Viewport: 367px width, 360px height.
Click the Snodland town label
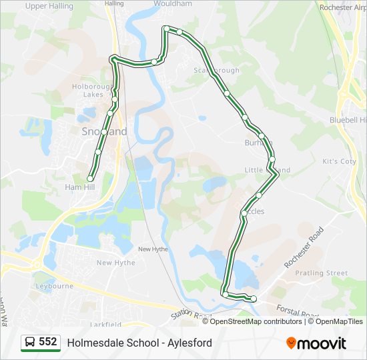point(104,132)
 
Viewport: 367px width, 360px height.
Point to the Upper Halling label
point(49,6)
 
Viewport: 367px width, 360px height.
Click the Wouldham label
point(173,3)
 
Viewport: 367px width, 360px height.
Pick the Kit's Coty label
point(339,162)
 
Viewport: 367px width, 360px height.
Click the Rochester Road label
point(304,247)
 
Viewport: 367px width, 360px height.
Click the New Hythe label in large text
point(115,263)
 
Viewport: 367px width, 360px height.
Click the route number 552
point(48,342)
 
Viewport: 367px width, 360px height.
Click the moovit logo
point(316,343)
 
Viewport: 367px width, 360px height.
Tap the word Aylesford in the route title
point(190,343)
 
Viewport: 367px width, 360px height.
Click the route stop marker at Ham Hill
point(90,178)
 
